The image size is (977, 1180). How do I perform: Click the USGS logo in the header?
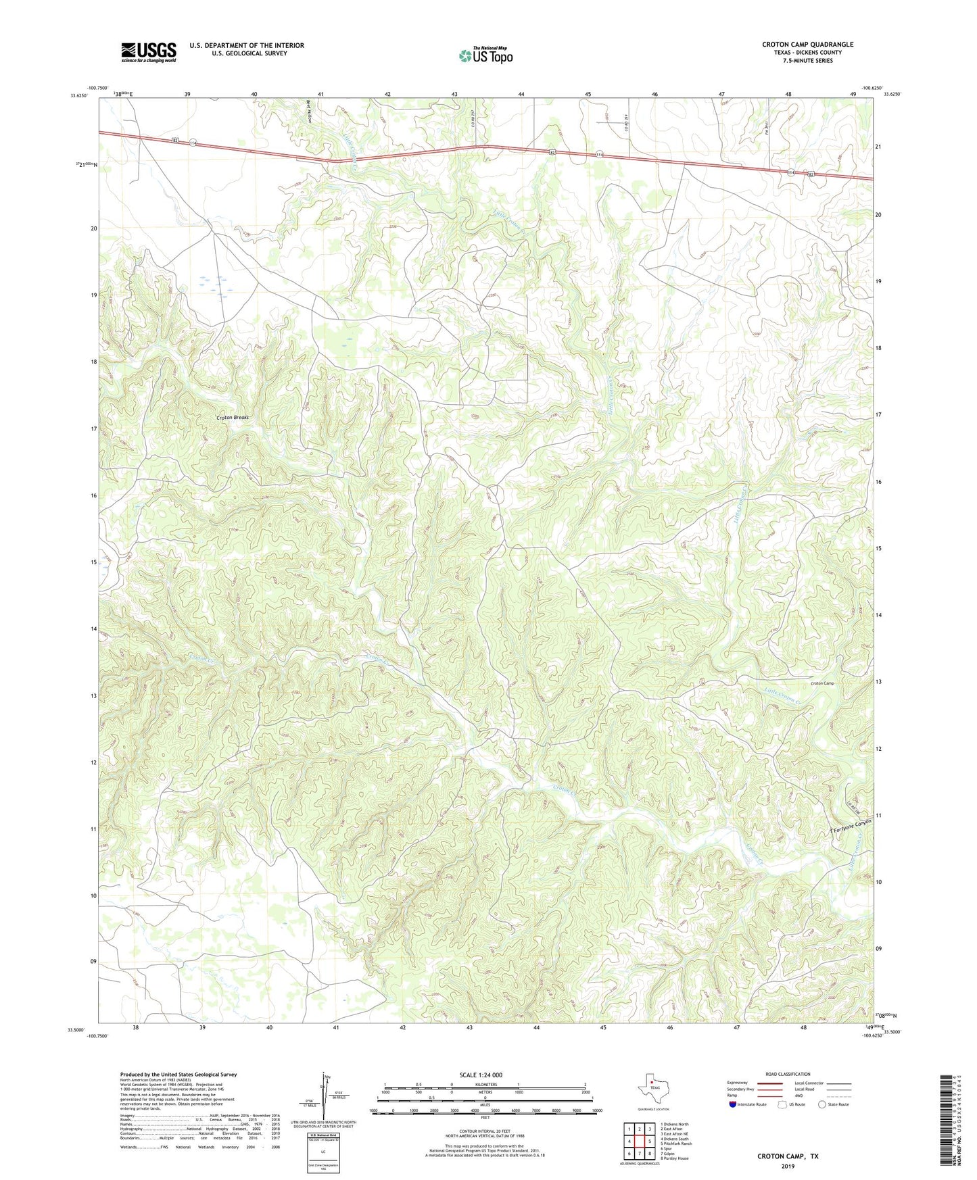[148, 52]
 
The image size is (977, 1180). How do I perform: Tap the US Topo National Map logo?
[485, 55]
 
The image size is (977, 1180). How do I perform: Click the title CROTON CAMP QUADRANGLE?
[807, 45]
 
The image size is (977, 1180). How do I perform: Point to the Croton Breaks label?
[233, 418]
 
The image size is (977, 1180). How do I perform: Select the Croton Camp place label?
[821, 683]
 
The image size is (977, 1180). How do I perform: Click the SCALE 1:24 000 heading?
[481, 1075]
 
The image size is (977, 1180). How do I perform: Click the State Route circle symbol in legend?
[821, 1104]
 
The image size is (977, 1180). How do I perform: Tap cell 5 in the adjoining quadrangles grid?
[649, 1141]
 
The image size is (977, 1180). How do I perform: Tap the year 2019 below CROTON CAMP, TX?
[788, 1166]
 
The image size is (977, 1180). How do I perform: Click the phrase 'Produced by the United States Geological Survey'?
[178, 1074]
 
